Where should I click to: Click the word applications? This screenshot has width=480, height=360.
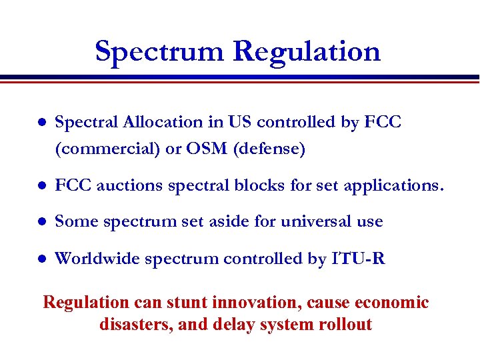pos(393,186)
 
